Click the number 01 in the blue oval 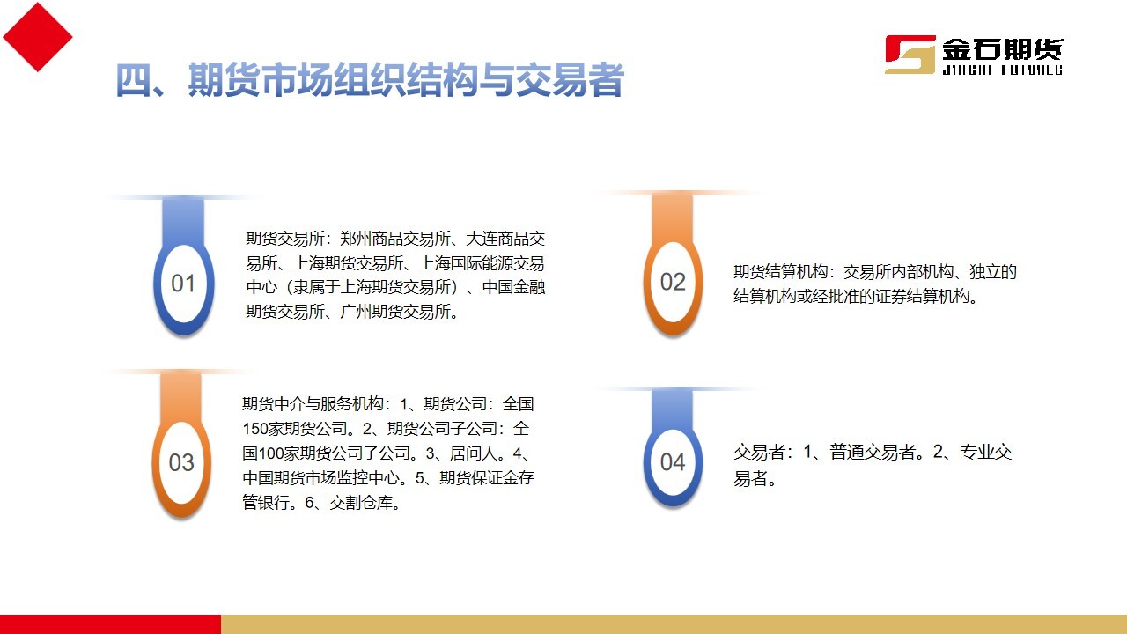point(183,284)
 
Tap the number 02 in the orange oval point(673,282)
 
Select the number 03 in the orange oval point(181,463)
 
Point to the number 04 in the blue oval point(673,462)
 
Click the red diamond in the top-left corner point(37,36)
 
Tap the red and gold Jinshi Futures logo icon point(910,55)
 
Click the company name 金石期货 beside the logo point(1002,49)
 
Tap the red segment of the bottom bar point(110,624)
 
